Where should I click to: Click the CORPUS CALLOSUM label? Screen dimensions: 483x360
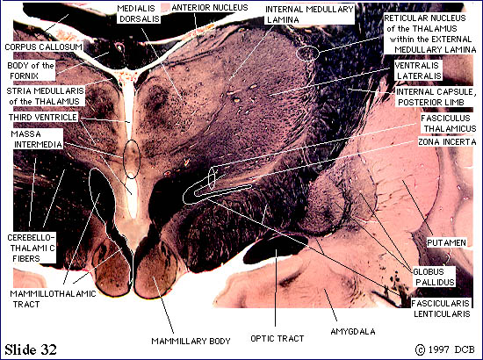pyautogui.click(x=43, y=47)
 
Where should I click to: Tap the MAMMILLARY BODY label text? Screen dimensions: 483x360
pyautogui.click(x=191, y=342)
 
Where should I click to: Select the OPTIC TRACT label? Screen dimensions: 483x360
pyautogui.click(x=278, y=339)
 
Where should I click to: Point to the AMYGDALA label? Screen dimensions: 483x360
pyautogui.click(x=353, y=332)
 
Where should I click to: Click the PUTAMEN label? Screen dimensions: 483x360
pyautogui.click(x=446, y=243)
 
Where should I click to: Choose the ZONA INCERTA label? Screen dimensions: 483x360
pyautogui.click(x=447, y=142)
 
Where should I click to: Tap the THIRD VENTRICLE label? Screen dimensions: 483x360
pyautogui.click(x=43, y=118)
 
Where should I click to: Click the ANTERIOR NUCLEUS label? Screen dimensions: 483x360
pyautogui.click(x=210, y=8)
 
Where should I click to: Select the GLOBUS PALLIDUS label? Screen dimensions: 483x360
pyautogui.click(x=435, y=277)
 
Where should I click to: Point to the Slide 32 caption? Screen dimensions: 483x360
pyautogui.click(x=31, y=349)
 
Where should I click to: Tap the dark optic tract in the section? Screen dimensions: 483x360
pyautogui.click(x=271, y=247)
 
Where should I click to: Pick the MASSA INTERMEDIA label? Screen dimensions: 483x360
pyautogui.click(x=37, y=140)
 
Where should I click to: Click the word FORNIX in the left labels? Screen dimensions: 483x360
pyautogui.click(x=24, y=76)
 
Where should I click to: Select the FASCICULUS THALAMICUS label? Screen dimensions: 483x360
pyautogui.click(x=448, y=124)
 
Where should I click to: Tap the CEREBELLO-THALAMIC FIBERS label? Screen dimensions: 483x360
pyautogui.click(x=31, y=248)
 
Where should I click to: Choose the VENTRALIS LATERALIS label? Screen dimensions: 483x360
pyautogui.click(x=418, y=70)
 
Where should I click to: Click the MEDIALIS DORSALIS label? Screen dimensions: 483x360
pyautogui.click(x=139, y=14)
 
